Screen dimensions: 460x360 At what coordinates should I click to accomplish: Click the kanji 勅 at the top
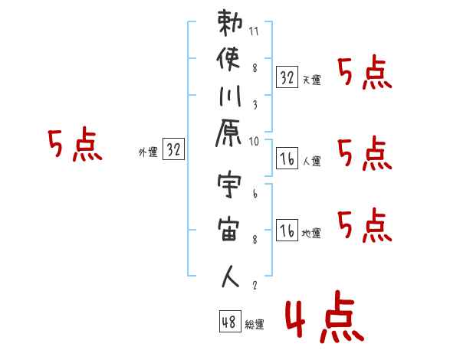click(231, 23)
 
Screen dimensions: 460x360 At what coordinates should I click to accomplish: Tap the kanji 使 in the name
click(231, 60)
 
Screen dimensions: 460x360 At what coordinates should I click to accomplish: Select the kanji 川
click(231, 99)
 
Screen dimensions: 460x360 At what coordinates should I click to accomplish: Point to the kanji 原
click(231, 141)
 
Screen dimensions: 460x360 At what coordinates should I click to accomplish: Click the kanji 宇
click(231, 188)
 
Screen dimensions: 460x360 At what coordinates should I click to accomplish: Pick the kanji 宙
click(231, 232)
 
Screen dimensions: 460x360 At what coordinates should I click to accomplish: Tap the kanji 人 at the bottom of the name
click(231, 277)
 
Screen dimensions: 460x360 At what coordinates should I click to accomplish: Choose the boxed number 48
click(229, 322)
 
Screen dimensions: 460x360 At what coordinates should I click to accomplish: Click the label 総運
click(255, 325)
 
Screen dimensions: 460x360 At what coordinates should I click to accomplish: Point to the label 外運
click(147, 152)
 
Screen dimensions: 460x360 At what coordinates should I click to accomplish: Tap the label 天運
click(311, 79)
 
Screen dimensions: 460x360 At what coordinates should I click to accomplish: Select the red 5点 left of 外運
click(74, 145)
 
